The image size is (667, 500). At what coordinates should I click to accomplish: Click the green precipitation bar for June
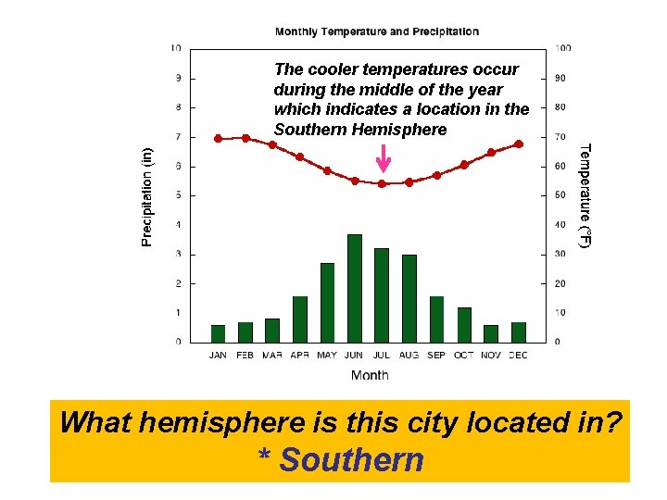click(x=354, y=288)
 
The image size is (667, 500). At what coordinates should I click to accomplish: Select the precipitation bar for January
click(x=218, y=333)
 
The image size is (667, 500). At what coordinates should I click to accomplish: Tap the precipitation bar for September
click(x=436, y=319)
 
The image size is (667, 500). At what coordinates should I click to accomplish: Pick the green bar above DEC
click(x=519, y=332)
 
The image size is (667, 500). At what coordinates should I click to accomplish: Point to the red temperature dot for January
click(x=218, y=138)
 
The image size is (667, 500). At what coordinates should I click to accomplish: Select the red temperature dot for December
click(x=519, y=144)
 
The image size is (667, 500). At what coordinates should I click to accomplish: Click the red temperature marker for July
click(x=382, y=183)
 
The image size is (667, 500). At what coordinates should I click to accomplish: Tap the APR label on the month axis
click(x=300, y=355)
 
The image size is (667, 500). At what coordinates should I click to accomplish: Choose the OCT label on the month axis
click(x=464, y=355)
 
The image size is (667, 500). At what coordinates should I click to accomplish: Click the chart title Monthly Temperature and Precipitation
click(x=377, y=31)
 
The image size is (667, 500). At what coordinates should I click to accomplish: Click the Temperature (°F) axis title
click(x=584, y=194)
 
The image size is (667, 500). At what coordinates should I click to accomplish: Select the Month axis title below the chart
click(x=370, y=375)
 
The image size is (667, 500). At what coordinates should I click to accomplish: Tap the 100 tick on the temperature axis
click(x=562, y=48)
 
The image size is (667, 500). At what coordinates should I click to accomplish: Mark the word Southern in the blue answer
click(x=352, y=460)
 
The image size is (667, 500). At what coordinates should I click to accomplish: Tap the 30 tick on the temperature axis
click(x=560, y=254)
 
